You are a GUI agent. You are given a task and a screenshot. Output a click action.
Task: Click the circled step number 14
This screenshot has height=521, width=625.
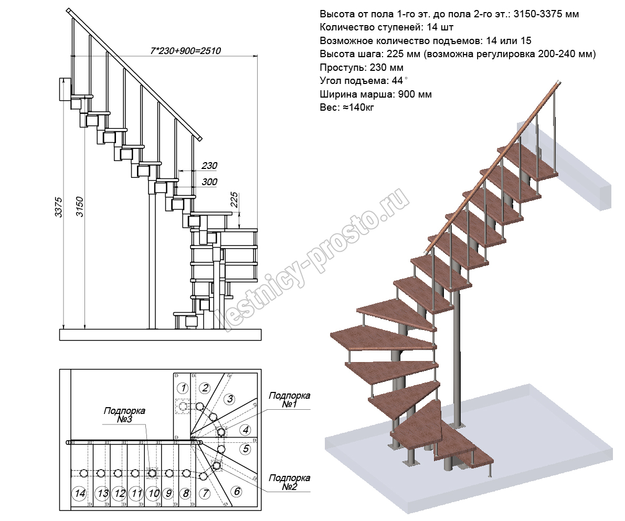point(80,493)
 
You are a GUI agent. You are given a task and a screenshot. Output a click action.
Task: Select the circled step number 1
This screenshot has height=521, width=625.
point(182,388)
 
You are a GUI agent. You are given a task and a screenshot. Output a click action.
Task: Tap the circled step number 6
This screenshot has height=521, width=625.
point(237,492)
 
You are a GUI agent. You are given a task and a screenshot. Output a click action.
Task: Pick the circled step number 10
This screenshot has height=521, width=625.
point(153,493)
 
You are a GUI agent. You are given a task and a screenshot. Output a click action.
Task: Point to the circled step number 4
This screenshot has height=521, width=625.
point(245,430)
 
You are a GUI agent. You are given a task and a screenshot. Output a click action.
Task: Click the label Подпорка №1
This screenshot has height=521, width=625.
point(289,400)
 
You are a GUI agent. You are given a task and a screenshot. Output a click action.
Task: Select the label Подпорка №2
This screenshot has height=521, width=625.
point(289,483)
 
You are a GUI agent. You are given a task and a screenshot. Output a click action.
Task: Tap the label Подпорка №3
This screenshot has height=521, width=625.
point(124,416)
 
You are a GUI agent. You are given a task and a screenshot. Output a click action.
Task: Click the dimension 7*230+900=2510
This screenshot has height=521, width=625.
point(185,51)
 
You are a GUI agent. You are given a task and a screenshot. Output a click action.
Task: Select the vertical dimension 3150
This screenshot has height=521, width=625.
point(80,208)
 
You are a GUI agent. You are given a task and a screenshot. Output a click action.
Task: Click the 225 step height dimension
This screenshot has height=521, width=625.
point(235,200)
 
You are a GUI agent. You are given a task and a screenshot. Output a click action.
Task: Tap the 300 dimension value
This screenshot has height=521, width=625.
point(209,182)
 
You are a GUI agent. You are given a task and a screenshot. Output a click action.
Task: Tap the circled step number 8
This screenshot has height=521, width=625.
point(185,493)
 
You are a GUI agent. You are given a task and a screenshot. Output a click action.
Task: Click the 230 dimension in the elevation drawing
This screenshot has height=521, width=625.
point(209,166)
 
